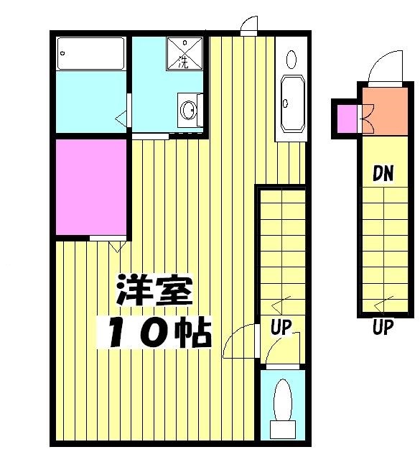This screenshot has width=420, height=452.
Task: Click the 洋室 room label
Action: tap(154, 292)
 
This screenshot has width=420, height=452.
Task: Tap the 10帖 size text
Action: tap(159, 331)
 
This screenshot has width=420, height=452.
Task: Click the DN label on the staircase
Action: tap(383, 173)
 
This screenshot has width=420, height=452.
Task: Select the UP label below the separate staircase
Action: tap(383, 328)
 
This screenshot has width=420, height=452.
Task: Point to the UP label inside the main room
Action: tap(280, 328)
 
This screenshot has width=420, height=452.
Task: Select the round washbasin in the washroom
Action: tap(188, 111)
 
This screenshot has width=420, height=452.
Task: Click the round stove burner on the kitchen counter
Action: tap(290, 58)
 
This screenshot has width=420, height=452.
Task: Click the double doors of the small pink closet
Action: tap(367, 119)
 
